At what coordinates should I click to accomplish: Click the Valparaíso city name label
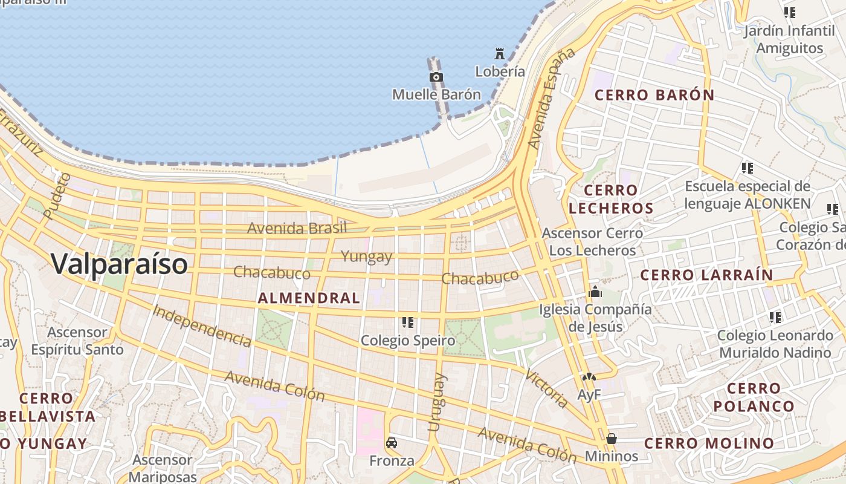[x=119, y=264]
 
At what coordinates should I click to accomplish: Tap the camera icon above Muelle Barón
[x=436, y=77]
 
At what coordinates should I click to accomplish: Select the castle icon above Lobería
[x=500, y=53]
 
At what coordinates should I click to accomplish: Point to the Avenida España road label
[x=551, y=99]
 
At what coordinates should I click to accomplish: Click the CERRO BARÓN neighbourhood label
[x=654, y=95]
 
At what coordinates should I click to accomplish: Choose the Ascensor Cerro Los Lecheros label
[x=592, y=241]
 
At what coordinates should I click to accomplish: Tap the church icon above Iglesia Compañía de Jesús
[x=595, y=292]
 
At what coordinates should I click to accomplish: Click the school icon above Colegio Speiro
[x=408, y=322]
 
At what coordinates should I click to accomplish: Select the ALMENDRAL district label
[x=309, y=298]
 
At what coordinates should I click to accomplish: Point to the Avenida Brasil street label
[x=297, y=228]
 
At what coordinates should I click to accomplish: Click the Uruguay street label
[x=437, y=402]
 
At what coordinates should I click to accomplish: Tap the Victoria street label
[x=546, y=388]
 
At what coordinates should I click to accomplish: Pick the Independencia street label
[x=202, y=325]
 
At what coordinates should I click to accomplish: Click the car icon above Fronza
[x=392, y=443]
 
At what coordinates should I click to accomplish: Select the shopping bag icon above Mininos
[x=612, y=438]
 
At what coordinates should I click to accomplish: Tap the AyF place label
[x=589, y=395]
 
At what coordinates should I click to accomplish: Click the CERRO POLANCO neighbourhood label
[x=754, y=397]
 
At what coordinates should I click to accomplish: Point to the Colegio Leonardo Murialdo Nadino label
[x=775, y=344]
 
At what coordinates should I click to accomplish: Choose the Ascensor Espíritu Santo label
[x=77, y=341]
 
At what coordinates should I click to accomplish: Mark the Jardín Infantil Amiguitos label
[x=789, y=39]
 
